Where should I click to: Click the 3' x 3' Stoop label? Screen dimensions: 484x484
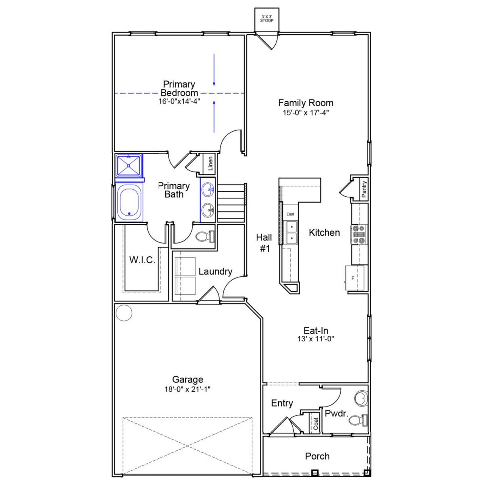click(267, 19)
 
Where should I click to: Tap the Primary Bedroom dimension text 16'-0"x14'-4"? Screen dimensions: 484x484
click(179, 101)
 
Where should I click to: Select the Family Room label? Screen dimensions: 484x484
click(306, 103)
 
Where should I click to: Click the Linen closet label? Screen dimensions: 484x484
click(211, 164)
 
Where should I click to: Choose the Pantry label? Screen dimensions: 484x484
click(363, 189)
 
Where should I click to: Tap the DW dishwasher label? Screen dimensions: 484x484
click(290, 214)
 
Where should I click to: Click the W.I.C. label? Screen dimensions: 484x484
click(142, 260)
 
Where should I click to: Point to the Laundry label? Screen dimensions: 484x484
click(215, 271)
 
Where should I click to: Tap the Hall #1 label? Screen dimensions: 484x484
click(264, 243)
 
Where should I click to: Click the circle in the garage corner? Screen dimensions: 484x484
click(124, 313)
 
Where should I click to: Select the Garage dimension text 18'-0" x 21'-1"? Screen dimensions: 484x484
click(188, 389)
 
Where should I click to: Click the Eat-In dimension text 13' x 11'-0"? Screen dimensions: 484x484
click(316, 339)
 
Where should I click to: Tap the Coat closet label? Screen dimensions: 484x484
click(316, 423)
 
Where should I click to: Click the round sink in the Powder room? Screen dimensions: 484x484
click(361, 399)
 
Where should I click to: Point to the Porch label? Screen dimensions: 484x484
click(317, 456)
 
